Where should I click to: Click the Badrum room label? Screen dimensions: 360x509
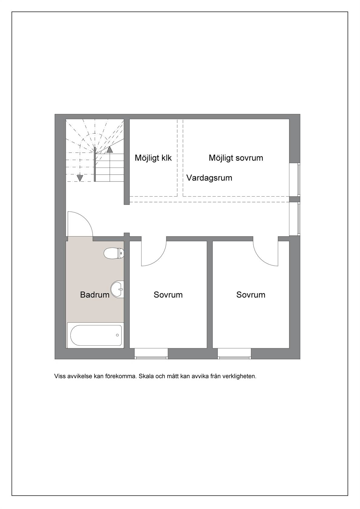95,295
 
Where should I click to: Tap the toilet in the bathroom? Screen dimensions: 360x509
114,253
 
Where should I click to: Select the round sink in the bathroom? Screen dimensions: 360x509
117,289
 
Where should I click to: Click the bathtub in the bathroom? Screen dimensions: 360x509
95,335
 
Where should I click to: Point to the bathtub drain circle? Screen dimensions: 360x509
117,335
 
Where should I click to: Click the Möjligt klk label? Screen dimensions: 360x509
153,158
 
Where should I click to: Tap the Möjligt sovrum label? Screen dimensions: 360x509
236,158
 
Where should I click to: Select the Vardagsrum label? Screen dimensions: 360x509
209,178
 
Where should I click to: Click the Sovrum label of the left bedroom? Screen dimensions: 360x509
168,295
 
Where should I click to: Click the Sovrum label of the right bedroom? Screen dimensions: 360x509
251,295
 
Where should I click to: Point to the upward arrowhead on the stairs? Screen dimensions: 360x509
110,149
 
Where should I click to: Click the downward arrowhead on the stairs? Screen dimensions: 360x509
80,178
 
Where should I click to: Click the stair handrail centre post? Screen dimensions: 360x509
95,164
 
